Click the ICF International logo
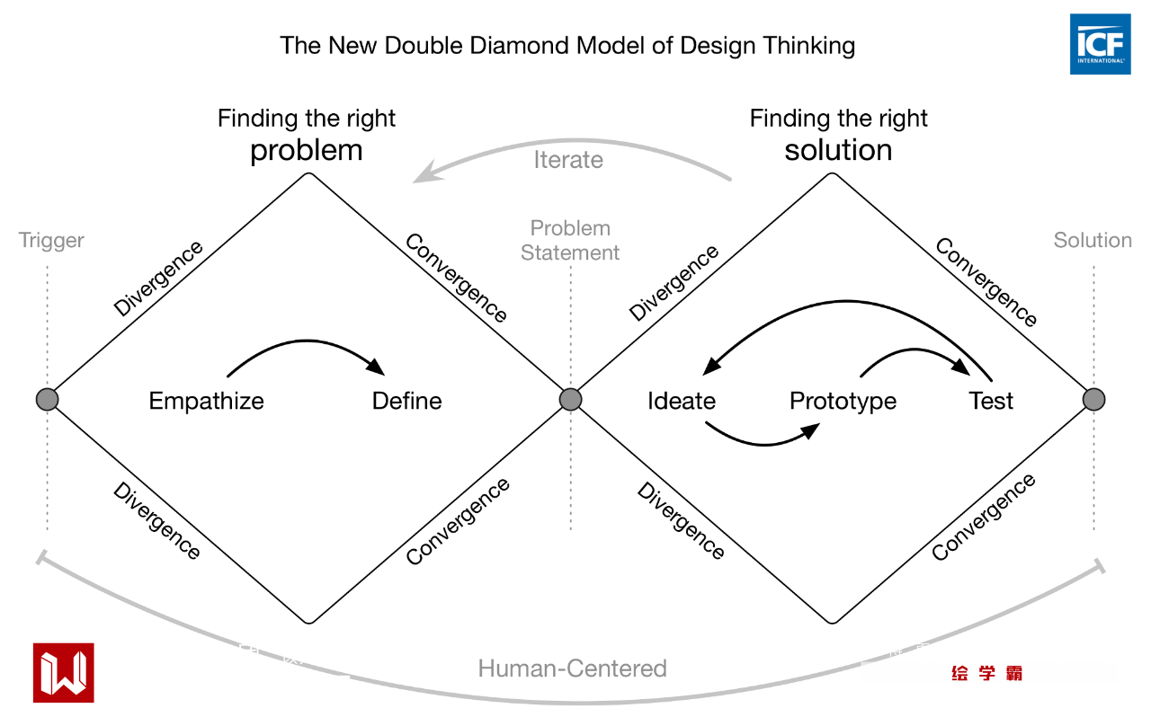coord(1100,44)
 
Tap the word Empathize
coord(207,401)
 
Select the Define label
coord(407,401)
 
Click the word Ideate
coord(682,401)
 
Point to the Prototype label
coord(843,401)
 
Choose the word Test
coord(992,401)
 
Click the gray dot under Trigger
coord(47,400)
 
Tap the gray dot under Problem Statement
coord(570,400)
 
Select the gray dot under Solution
coord(1093,400)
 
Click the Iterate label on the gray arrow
coord(568,160)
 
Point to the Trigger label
coord(51,241)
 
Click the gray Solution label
coord(1093,241)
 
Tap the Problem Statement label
coord(570,241)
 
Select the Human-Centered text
coord(573,668)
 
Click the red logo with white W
coord(63,672)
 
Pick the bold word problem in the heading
coord(307,150)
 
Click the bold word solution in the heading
coord(838,150)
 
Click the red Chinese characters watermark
coord(987,673)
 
